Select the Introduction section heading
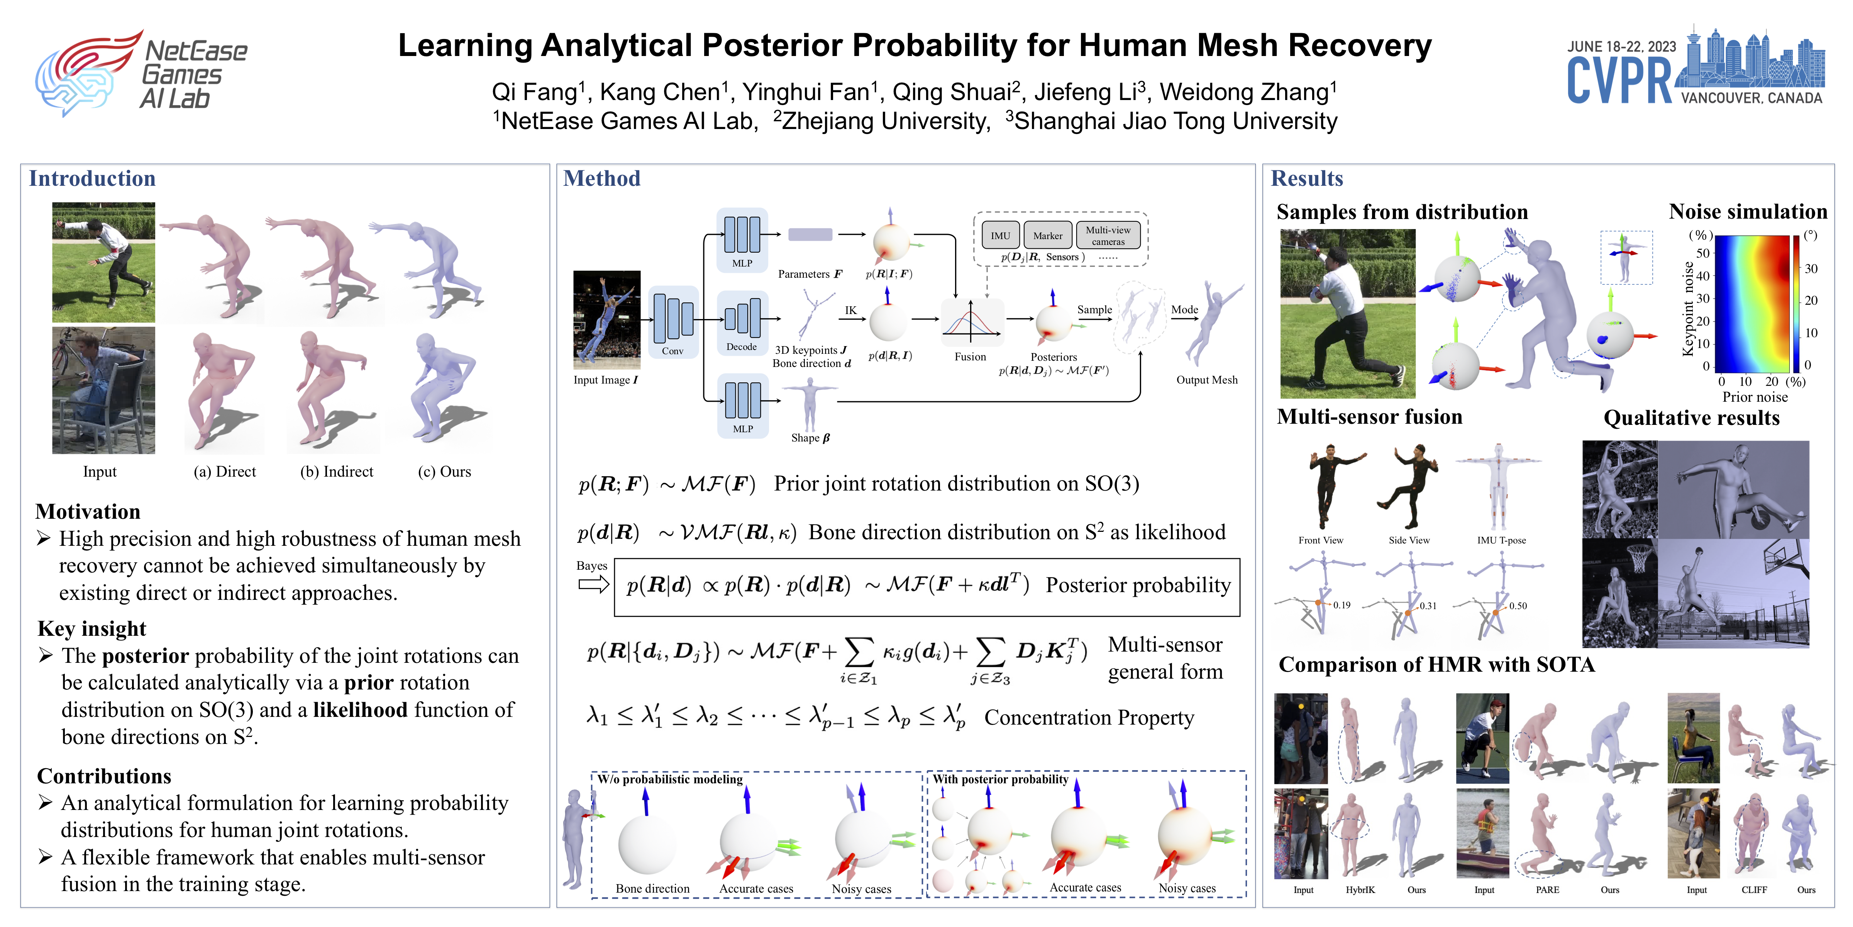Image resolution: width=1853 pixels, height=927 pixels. coord(92,178)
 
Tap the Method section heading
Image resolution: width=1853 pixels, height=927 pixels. coord(601,178)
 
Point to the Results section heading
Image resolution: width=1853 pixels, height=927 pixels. coord(1306,178)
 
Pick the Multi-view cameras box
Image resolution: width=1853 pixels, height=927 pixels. coord(1108,235)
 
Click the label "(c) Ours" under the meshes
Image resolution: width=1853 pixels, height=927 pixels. coord(445,471)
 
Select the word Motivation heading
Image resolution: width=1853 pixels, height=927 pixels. coord(88,512)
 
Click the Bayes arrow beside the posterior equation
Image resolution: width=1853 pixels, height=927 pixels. coord(593,584)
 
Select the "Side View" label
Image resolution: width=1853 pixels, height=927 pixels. coord(1408,540)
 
